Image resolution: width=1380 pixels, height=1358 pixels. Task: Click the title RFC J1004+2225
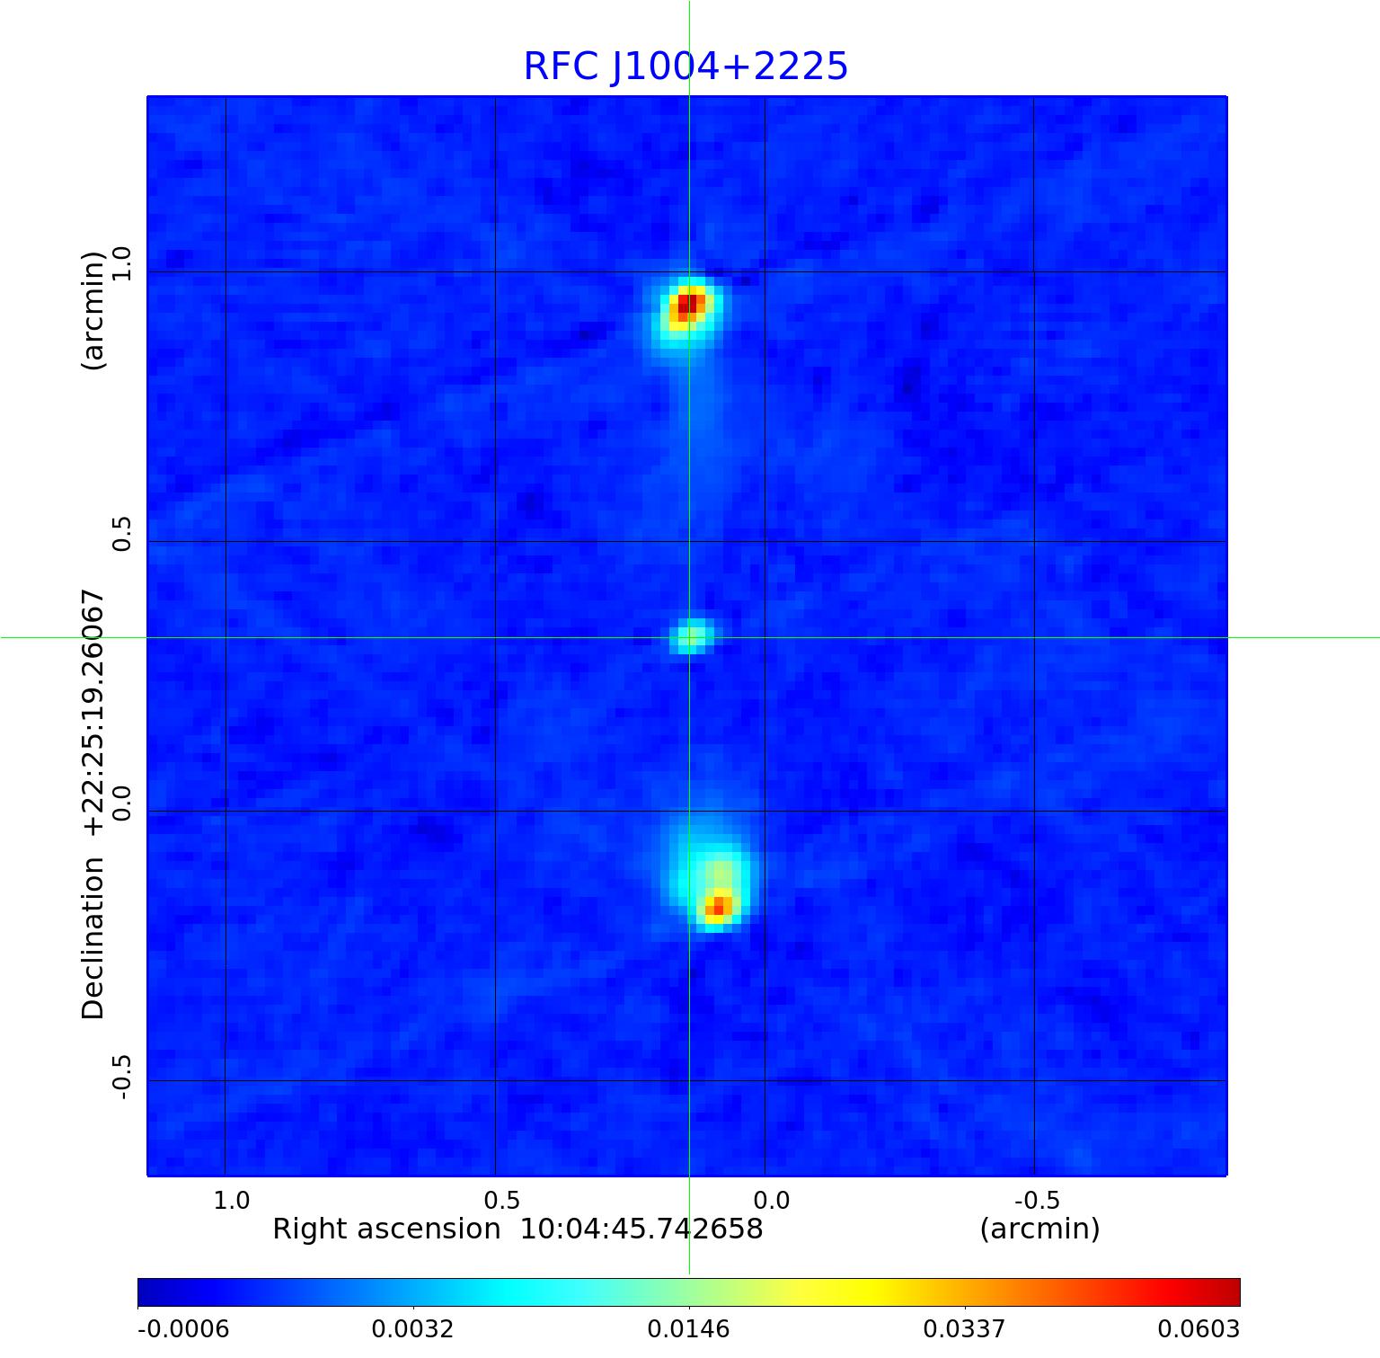pyautogui.click(x=686, y=67)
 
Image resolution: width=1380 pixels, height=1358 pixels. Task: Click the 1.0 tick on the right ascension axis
pyautogui.click(x=232, y=1200)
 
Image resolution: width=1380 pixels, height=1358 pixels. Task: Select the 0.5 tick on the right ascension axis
pyautogui.click(x=501, y=1200)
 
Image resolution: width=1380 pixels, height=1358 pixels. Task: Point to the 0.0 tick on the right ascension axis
pyautogui.click(x=771, y=1200)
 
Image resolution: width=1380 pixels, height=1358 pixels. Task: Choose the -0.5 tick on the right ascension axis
pyautogui.click(x=1038, y=1200)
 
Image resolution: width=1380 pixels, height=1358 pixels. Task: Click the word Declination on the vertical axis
pyautogui.click(x=93, y=938)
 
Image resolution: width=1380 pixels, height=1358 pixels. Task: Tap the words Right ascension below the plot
pyautogui.click(x=386, y=1229)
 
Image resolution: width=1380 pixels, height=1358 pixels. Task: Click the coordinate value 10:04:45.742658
pyautogui.click(x=641, y=1229)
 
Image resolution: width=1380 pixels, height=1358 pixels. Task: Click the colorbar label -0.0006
pyautogui.click(x=183, y=1328)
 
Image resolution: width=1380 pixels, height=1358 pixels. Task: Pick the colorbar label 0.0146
pyautogui.click(x=688, y=1328)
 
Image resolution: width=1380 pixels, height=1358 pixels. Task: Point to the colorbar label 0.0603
pyautogui.click(x=1198, y=1328)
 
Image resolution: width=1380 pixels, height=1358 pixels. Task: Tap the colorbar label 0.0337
pyautogui.click(x=964, y=1328)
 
